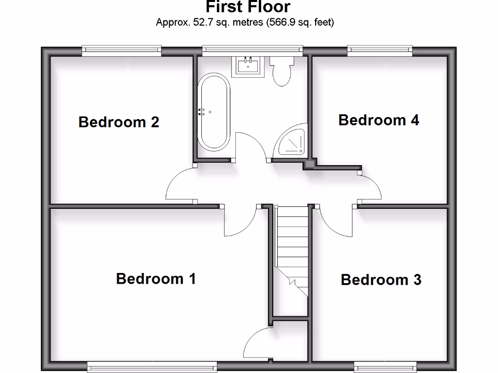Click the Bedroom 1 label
pyautogui.click(x=156, y=279)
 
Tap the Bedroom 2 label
pyautogui.click(x=119, y=122)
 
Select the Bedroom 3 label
pyautogui.click(x=381, y=280)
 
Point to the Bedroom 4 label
pyautogui.click(x=378, y=120)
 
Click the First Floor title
pyautogui.click(x=248, y=7)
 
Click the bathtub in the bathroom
pyautogui.click(x=214, y=111)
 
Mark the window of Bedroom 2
pyautogui.click(x=122, y=49)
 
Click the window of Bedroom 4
pyautogui.click(x=380, y=49)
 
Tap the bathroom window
pyautogui.click(x=252, y=49)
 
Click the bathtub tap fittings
pyautogui.click(x=201, y=111)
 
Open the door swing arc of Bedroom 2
pyautogui.click(x=178, y=185)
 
